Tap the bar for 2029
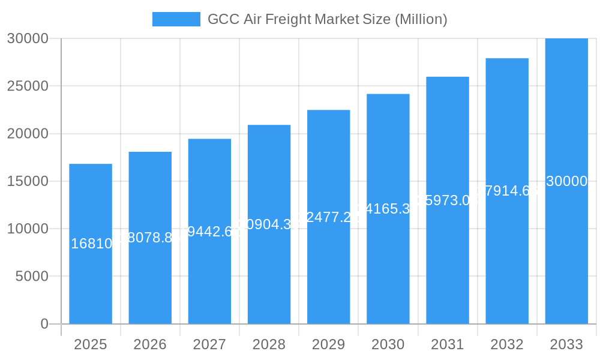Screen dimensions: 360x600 coord(328,270)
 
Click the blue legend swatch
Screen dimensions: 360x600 coord(176,19)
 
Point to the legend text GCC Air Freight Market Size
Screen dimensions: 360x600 coord(327,19)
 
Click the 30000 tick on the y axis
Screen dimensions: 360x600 coord(28,38)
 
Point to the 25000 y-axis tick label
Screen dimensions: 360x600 coord(28,86)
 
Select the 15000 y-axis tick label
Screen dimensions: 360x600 coord(28,181)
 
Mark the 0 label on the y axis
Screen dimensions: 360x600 coord(44,324)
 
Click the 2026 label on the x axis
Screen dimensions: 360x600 coord(150,344)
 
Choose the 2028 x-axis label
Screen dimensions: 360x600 coord(269,344)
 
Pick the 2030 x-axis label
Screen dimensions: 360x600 coord(388,344)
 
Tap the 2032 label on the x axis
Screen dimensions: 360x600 coord(507,344)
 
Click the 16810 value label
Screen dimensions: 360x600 coord(91,244)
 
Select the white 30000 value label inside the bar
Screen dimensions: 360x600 coord(566,181)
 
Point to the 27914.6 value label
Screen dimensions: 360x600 coord(508,191)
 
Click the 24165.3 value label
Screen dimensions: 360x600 coord(388,209)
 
